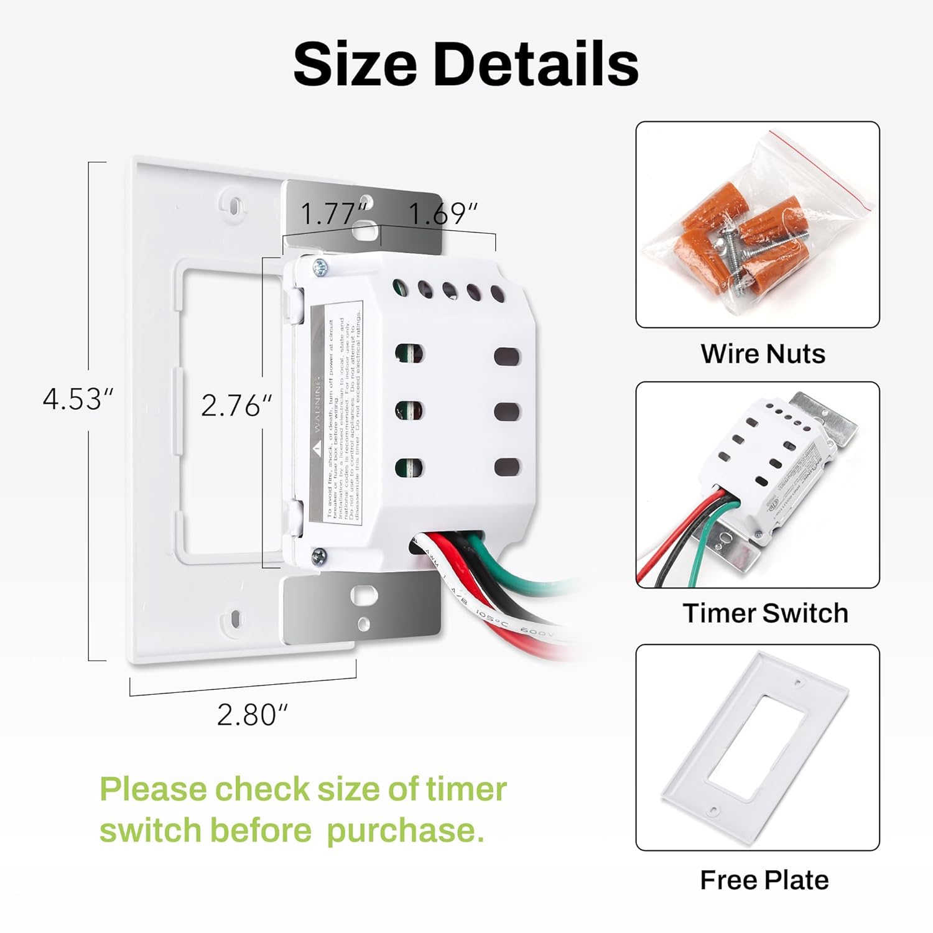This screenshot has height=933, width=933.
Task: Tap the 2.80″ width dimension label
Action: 252,715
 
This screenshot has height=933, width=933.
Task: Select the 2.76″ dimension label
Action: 236,406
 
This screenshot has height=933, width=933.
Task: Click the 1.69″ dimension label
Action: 442,215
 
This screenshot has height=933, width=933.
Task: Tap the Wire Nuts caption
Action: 763,353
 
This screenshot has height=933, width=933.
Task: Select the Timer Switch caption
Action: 765,613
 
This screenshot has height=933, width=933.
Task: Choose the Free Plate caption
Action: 764,880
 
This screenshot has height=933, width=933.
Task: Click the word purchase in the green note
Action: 404,830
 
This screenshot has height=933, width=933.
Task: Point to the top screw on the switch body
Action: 320,267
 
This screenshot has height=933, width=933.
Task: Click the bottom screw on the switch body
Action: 319,556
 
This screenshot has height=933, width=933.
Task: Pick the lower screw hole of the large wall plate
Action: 236,619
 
